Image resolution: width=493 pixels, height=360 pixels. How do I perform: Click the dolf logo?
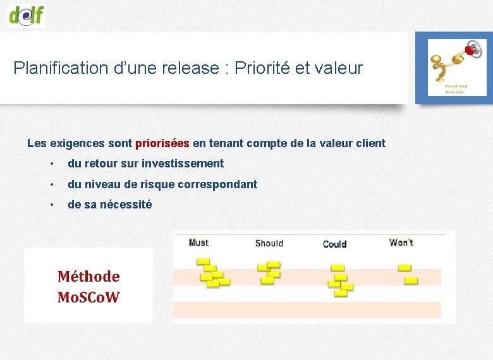pos(27,14)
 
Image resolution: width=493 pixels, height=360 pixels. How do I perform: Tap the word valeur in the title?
pos(341,68)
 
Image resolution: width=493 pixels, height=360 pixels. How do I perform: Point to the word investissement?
pos(183,164)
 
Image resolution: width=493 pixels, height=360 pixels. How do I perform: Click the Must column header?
pos(198,243)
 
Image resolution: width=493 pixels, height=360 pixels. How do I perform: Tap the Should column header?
pos(269,243)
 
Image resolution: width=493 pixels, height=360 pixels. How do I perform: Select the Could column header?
pos(334,244)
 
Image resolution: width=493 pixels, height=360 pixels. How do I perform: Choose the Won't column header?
pos(401,243)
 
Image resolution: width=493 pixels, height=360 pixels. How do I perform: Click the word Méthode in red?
pos(88,277)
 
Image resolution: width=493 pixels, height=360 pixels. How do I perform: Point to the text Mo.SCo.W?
pos(88,297)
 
